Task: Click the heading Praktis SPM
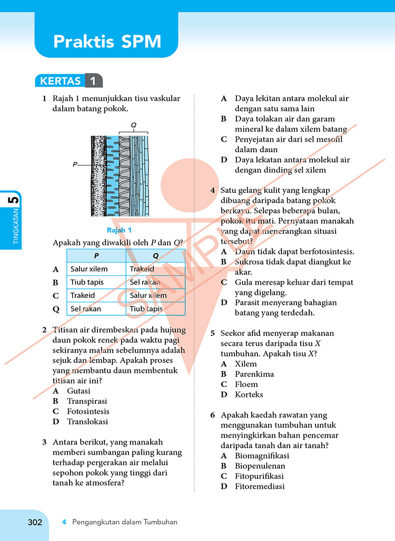coord(107,42)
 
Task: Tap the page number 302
coord(35,522)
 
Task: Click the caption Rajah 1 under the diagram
coord(119,230)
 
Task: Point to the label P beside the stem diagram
coord(75,165)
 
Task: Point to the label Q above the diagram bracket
coord(134,125)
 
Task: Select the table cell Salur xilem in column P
coord(89,269)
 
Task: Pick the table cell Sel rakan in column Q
coord(145,282)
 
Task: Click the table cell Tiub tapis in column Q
coord(146,309)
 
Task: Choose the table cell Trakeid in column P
coord(82,295)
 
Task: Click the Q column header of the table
coord(156,256)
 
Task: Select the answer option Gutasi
coord(78,391)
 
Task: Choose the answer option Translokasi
coord(87,422)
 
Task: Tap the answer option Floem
coord(246,384)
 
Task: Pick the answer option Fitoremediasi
coord(260,487)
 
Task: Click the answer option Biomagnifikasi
coord(262,456)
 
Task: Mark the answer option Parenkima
coord(254,374)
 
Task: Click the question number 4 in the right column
coord(213,190)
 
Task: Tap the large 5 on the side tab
coord(14,200)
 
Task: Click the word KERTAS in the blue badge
coord(61,81)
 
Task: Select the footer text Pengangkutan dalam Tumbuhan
coord(125,522)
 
